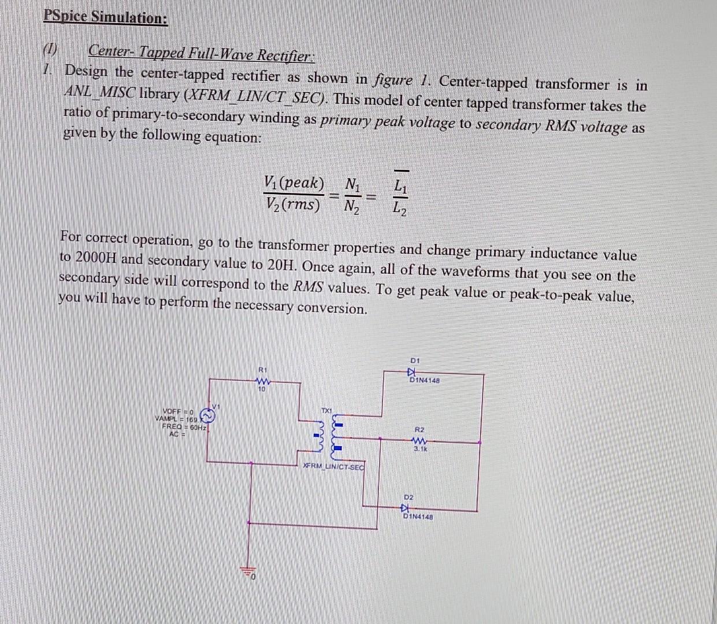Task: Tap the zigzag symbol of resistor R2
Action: click(x=420, y=440)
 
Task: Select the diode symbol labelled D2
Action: click(x=406, y=508)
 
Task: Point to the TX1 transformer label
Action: click(x=326, y=410)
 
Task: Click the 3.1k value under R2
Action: click(x=420, y=448)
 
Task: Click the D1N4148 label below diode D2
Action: click(x=418, y=517)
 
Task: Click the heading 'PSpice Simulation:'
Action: click(x=106, y=17)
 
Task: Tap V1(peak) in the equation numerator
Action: click(x=294, y=183)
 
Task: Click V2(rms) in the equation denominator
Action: click(x=293, y=204)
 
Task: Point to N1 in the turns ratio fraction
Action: click(x=352, y=185)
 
